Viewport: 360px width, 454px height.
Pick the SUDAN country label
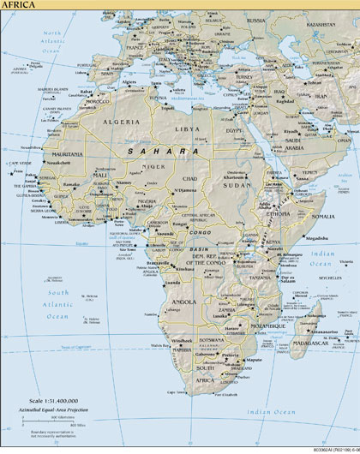pyautogui.click(x=237, y=183)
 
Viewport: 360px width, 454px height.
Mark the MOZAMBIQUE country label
pyautogui.click(x=267, y=326)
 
